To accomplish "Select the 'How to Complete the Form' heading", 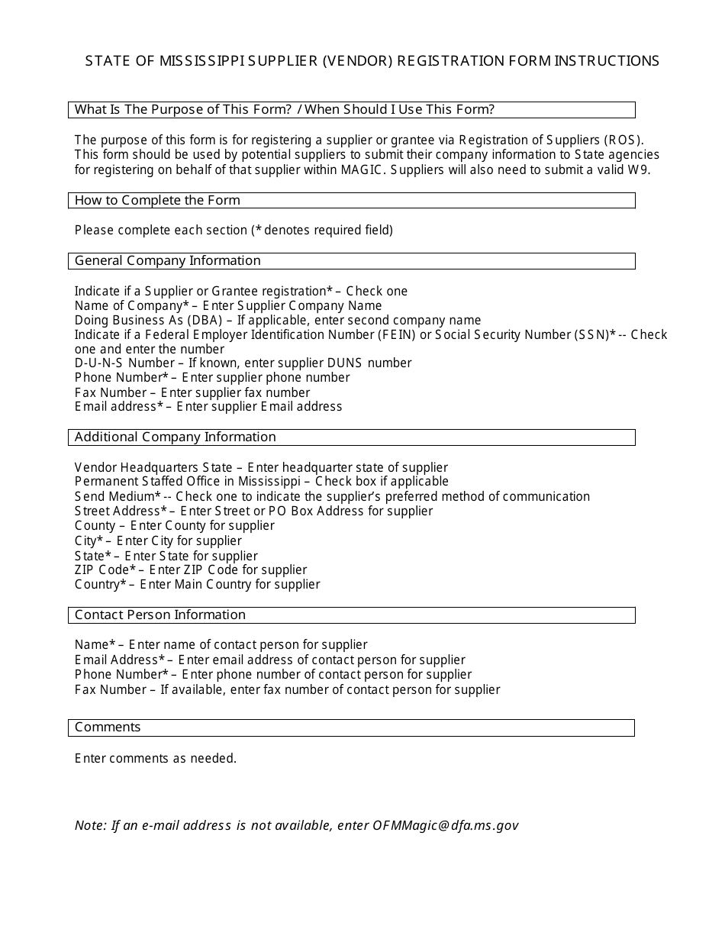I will tap(157, 201).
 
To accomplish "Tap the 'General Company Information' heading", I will tap(167, 261).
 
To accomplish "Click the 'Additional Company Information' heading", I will tap(175, 437).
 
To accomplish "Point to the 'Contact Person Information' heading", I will tap(159, 615).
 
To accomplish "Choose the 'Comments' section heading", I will tap(108, 728).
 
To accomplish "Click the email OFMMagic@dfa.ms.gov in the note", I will tap(445, 826).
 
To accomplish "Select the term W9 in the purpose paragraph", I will tap(639, 169).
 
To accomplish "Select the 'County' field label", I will tap(95, 526).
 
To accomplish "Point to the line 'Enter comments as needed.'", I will tap(156, 759).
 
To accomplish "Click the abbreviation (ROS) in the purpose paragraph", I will tap(623, 140).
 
